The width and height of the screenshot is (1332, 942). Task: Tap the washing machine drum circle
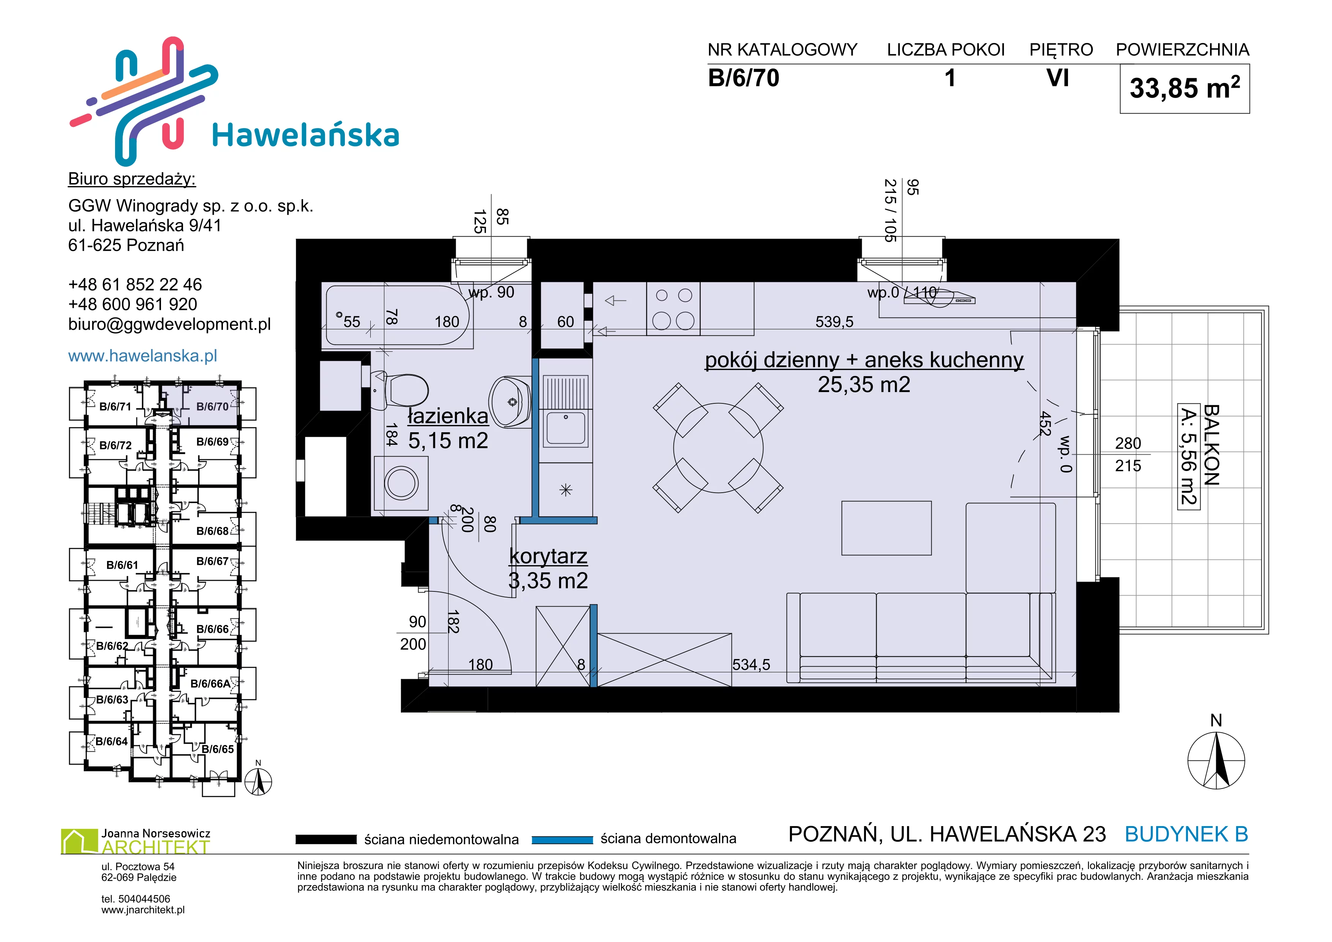click(x=401, y=483)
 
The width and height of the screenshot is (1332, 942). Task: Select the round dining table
click(x=718, y=448)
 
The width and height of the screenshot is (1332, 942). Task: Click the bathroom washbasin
click(x=510, y=401)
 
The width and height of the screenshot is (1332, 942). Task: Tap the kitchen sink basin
click(x=566, y=428)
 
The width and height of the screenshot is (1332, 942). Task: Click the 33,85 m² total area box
click(x=1185, y=89)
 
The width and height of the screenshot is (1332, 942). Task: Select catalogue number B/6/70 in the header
click(x=744, y=78)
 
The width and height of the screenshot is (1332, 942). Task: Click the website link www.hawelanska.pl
click(x=143, y=356)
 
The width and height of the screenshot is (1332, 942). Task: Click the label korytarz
click(x=548, y=556)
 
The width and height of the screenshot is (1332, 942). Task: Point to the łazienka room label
click(x=448, y=416)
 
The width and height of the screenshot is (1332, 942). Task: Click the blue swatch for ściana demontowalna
click(x=562, y=839)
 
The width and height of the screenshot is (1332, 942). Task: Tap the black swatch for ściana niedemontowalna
click(x=326, y=839)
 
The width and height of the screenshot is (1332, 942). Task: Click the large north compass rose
click(x=1216, y=760)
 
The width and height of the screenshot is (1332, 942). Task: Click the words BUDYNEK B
click(x=1187, y=834)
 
